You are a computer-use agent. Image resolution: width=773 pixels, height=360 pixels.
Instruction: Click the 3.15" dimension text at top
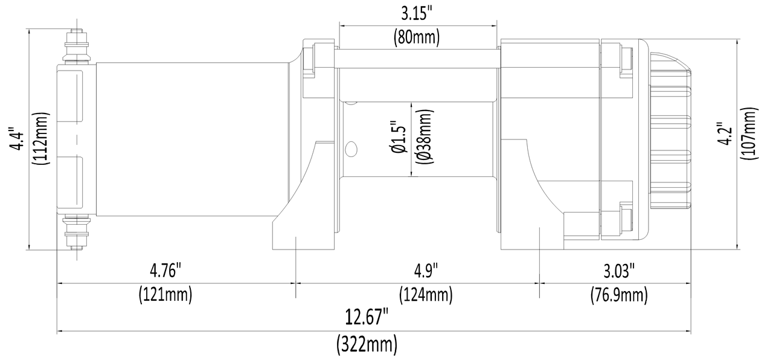pos(417,13)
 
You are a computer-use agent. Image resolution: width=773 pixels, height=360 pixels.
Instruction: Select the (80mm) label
pos(417,37)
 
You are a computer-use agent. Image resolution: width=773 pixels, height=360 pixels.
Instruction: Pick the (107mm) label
pos(749,133)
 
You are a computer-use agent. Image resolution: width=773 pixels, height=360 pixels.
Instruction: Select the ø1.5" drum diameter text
pos(398,139)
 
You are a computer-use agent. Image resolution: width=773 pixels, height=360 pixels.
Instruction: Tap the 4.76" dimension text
pos(165,271)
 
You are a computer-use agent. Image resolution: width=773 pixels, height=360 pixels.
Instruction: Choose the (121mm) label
pos(165,295)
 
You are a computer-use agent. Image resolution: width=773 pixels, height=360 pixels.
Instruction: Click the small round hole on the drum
pos(350,149)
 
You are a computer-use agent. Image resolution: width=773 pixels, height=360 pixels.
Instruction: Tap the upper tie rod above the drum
pos(417,58)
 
